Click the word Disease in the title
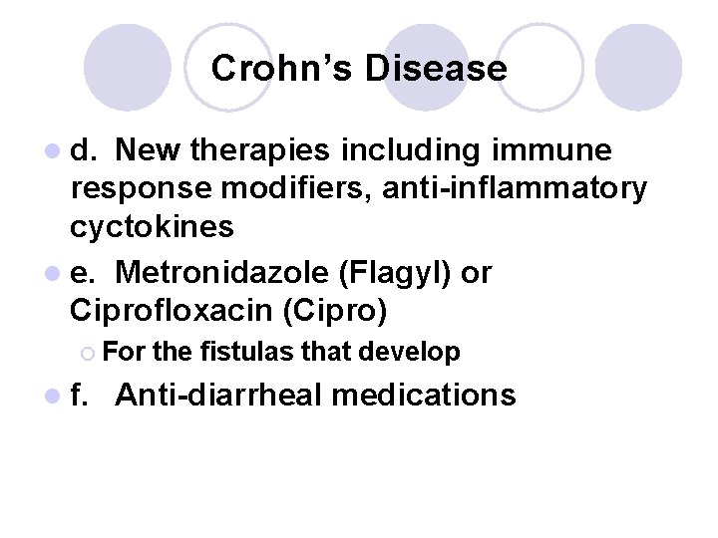pyautogui.click(x=436, y=69)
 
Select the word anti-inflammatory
pyautogui.click(x=520, y=188)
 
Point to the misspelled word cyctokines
pyautogui.click(x=152, y=226)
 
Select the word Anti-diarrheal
pyautogui.click(x=218, y=396)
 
